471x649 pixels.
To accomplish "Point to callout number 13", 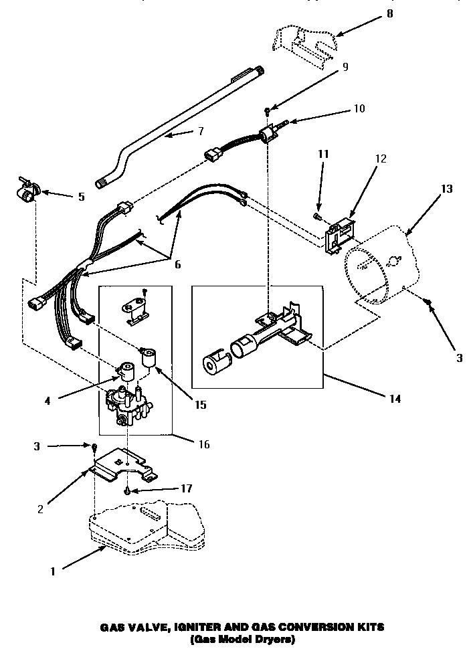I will coord(447,189).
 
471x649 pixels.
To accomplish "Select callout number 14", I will coord(395,399).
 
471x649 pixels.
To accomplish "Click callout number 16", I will coord(205,444).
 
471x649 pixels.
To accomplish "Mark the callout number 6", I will coord(177,264).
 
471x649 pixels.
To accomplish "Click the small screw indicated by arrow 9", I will coord(266,108).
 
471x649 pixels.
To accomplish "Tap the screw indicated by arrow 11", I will coord(316,217).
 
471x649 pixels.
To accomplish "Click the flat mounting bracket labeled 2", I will coord(127,462).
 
